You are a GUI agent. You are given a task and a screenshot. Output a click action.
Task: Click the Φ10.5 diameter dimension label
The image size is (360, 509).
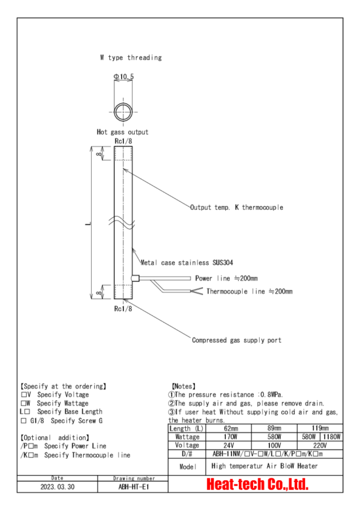coord(124,77)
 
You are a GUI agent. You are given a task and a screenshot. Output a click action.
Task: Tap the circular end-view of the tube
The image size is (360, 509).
coord(123,105)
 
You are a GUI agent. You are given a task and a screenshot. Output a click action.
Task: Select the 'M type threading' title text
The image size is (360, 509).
coord(131,58)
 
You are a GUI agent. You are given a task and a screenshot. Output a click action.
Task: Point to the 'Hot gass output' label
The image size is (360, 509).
coord(122,132)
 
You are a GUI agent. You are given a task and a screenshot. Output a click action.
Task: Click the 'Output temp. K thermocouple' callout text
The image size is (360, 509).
coord(236,207)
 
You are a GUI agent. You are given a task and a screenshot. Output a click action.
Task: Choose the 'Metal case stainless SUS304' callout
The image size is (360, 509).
coord(187,262)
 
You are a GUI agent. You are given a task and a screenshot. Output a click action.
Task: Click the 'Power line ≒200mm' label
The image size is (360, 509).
coord(226,278)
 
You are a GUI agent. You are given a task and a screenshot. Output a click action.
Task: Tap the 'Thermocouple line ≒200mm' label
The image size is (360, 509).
coord(249,292)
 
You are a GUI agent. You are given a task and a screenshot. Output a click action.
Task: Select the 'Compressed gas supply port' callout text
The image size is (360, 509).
coord(236,340)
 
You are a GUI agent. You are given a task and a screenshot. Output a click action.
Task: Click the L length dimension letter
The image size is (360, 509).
coord(88,224)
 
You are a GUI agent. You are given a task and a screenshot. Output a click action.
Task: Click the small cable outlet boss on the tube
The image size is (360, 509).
coord(135,278)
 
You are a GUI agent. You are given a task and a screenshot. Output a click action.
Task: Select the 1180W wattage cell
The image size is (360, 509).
coord(332,437)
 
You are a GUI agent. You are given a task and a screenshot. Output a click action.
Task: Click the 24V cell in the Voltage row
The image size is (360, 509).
coord(228,446)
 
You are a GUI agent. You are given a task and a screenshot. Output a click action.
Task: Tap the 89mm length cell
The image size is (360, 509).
coord(274,428)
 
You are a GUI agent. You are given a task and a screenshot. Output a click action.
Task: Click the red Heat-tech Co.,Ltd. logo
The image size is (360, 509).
coord(257,484)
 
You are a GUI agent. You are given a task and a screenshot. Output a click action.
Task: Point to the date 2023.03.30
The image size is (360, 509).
coord(58,487)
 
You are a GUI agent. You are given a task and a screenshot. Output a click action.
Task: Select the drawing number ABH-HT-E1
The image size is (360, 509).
coord(134,487)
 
